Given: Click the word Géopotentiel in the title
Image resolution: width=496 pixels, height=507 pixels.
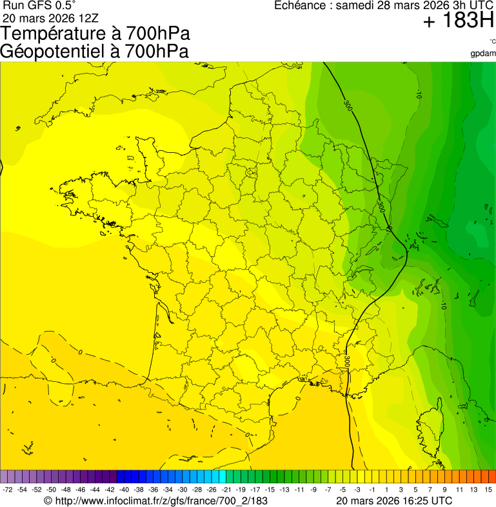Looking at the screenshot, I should (x=51, y=52).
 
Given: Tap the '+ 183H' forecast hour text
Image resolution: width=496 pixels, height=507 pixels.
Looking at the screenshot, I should (x=459, y=21).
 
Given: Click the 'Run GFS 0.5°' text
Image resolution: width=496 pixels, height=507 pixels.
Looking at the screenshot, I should (x=39, y=6).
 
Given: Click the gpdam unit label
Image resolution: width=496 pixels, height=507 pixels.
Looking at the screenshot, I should (x=483, y=53).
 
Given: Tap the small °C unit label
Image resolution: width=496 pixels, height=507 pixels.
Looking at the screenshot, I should (x=492, y=42).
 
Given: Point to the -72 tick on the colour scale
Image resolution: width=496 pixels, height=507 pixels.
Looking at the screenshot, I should (x=8, y=490).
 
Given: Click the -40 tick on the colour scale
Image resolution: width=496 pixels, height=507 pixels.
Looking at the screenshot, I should (x=124, y=490).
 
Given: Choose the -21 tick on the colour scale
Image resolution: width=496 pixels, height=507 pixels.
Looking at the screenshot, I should (x=226, y=490).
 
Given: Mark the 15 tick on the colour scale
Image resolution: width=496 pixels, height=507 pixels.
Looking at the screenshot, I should (x=489, y=490).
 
